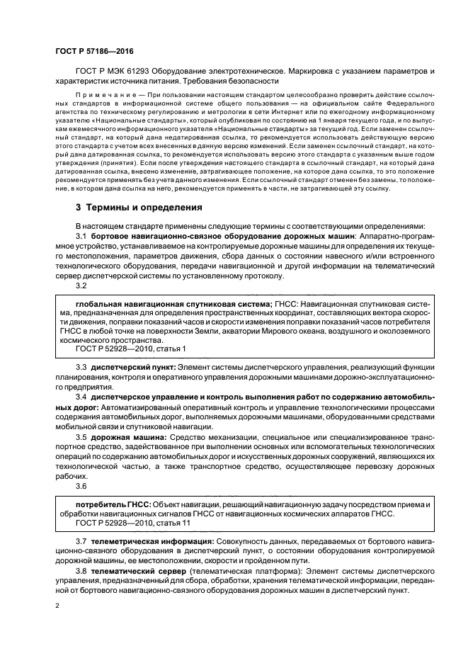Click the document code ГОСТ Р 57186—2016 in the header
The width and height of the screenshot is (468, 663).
click(93, 52)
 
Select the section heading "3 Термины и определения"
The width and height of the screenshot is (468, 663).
click(138, 208)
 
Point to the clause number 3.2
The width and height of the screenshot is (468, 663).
click(80, 285)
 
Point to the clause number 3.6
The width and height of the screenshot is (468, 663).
click(80, 487)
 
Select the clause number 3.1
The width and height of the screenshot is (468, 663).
click(80, 234)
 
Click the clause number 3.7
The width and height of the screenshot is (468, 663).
click(80, 541)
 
